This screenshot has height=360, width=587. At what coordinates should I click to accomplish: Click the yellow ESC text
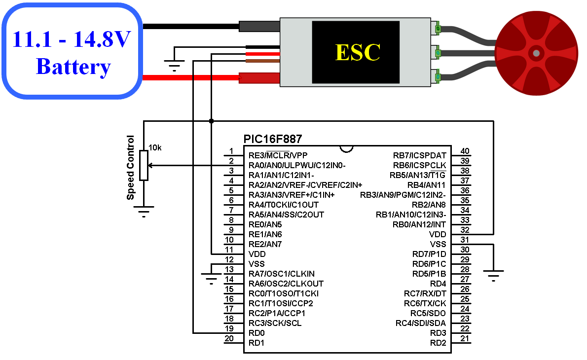[358, 52]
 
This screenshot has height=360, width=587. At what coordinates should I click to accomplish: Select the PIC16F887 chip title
[272, 139]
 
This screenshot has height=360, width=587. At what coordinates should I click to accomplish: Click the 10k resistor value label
[155, 148]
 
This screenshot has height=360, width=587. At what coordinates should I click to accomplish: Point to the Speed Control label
[130, 168]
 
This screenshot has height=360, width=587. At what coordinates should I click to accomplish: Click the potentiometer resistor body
[144, 165]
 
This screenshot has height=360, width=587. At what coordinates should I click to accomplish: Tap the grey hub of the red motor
[536, 53]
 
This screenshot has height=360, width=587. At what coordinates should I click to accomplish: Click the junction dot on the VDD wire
[212, 121]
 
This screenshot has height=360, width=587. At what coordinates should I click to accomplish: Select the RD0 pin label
[257, 333]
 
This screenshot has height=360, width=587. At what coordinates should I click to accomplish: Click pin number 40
[465, 151]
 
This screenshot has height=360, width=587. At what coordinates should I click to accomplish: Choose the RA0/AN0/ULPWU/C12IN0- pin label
[297, 165]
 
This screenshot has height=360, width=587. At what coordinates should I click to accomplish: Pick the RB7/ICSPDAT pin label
[419, 155]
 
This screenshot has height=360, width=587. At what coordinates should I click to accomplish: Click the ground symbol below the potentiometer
[144, 212]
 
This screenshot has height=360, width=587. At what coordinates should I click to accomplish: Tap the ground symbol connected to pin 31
[493, 276]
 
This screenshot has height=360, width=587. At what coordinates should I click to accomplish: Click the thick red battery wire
[191, 78]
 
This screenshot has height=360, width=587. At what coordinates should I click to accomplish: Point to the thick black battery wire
[191, 26]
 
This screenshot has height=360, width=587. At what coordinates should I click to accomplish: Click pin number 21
[465, 339]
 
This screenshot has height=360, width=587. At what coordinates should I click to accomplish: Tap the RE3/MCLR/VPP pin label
[278, 155]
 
